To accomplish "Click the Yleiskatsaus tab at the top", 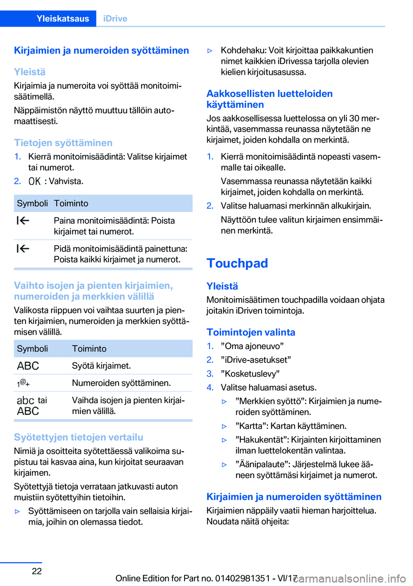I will click(x=62, y=19).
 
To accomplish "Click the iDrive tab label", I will click(x=115, y=19).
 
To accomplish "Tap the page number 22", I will click(x=37, y=571).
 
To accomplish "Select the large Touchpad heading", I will click(x=237, y=263).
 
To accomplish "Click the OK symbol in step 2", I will click(x=34, y=181).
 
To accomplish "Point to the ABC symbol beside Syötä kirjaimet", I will click(x=28, y=366).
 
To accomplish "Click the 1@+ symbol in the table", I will click(x=23, y=383).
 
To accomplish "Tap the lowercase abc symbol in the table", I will click(x=25, y=400).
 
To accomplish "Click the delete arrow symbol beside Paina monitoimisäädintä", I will click(x=23, y=221).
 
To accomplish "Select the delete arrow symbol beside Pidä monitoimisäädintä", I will click(x=23, y=249).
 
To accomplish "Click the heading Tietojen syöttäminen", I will click(x=63, y=143).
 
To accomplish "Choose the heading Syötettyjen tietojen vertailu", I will click(x=78, y=437).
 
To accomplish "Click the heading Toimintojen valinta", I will click(x=251, y=332).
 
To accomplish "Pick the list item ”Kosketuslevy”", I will click(x=250, y=373).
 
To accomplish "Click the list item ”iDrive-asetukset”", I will click(x=256, y=360).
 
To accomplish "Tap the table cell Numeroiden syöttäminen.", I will click(x=121, y=383).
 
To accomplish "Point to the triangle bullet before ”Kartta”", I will click(x=224, y=426).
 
